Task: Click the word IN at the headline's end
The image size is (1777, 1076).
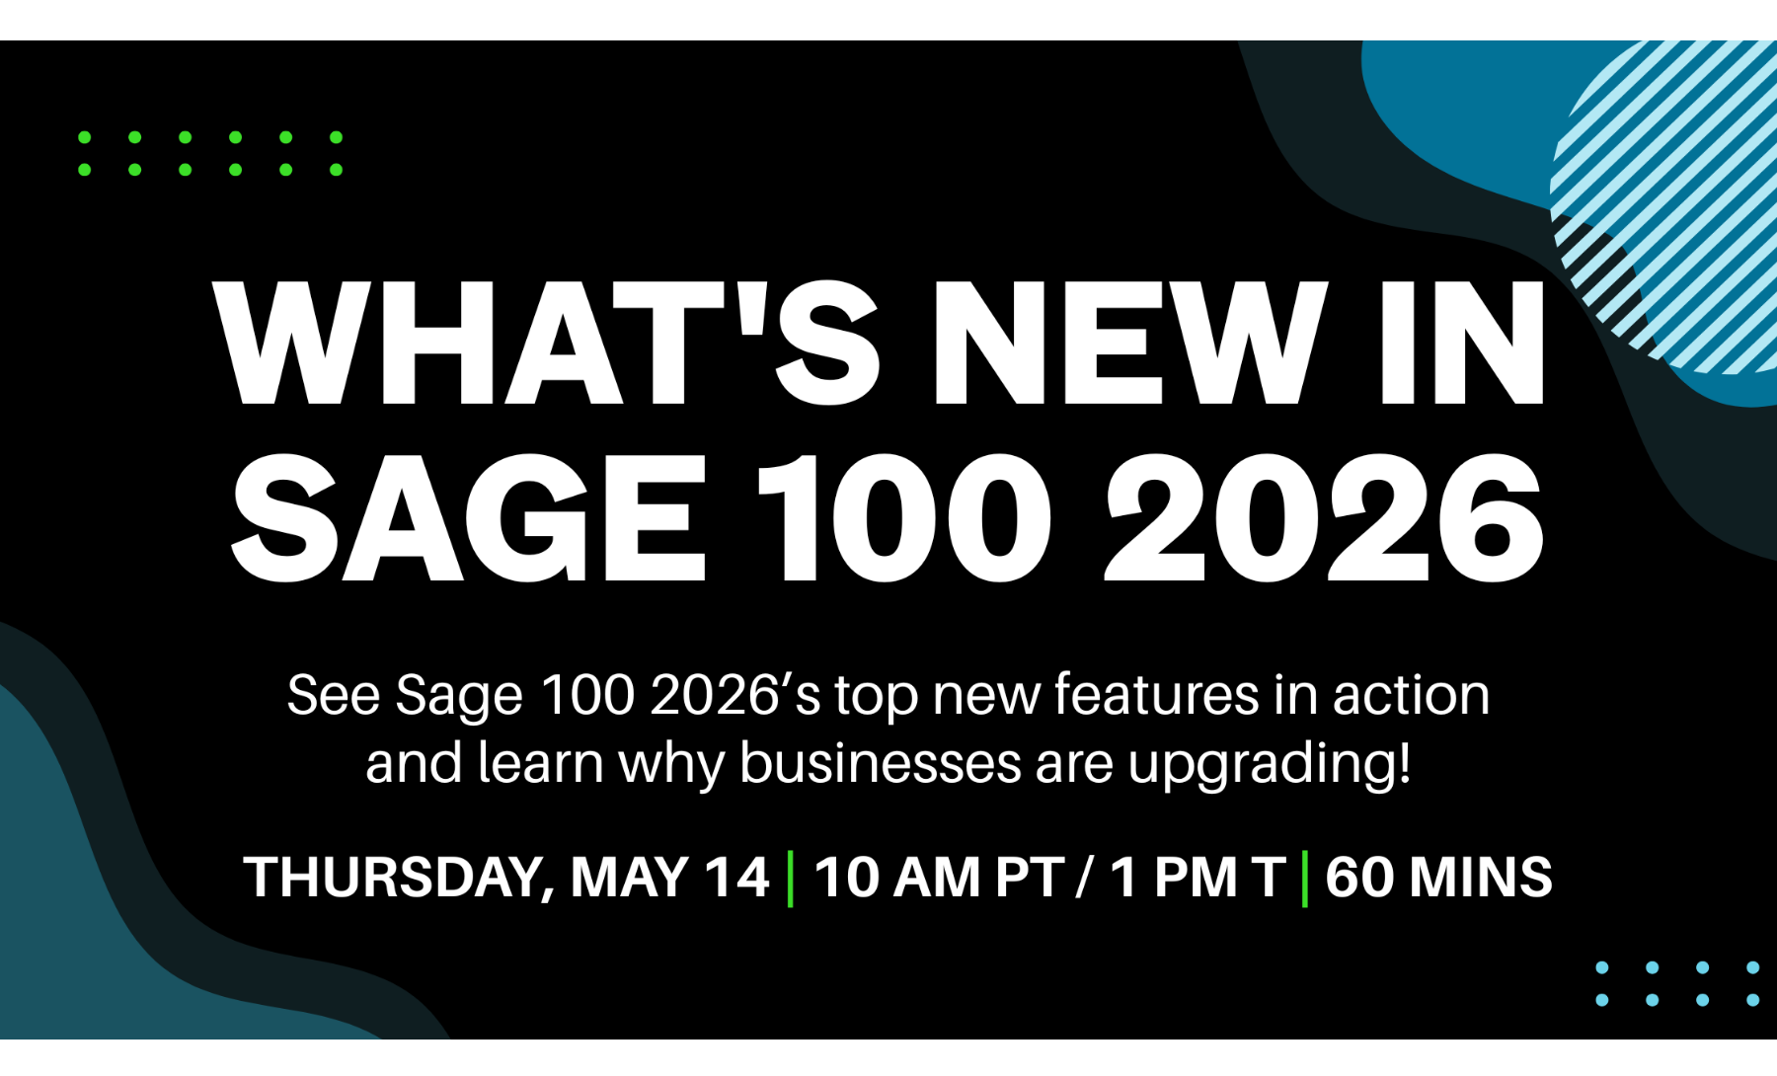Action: (x=1461, y=343)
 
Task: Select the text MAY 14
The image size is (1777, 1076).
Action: (x=669, y=877)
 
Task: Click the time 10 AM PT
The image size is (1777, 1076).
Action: (x=939, y=877)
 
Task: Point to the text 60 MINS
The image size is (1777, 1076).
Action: (x=1438, y=877)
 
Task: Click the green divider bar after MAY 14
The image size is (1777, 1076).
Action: (x=791, y=878)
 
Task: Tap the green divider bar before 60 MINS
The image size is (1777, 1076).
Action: (x=1305, y=878)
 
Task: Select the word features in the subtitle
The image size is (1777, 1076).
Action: (x=1156, y=695)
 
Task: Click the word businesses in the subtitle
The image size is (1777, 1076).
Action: (x=880, y=764)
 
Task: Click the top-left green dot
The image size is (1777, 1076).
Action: (x=85, y=137)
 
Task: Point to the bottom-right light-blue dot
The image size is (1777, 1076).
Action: (x=1752, y=1000)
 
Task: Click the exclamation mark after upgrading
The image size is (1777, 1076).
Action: (x=1405, y=762)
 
